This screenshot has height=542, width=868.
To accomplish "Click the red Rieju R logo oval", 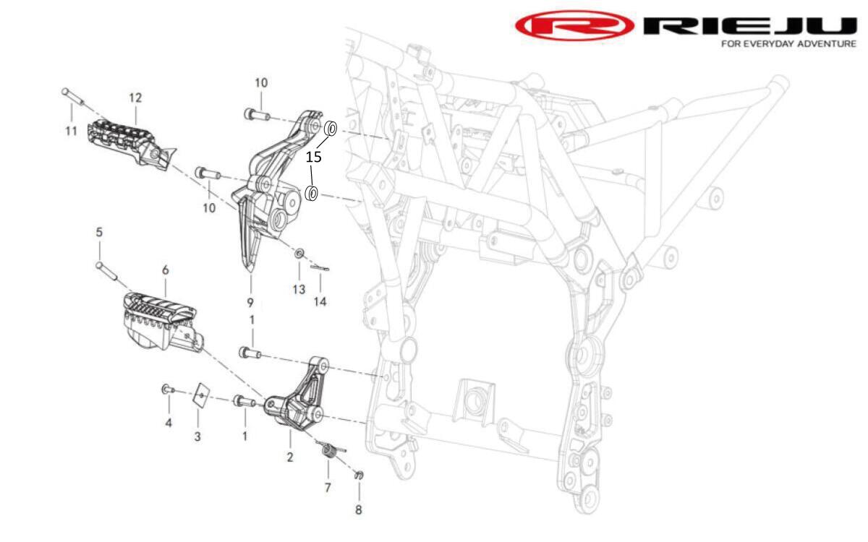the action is [x=574, y=25].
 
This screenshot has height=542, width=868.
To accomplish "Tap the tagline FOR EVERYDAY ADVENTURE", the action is [x=788, y=44].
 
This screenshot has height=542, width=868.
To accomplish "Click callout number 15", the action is [x=313, y=157].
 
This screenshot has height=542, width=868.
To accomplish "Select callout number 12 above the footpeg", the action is [x=135, y=98].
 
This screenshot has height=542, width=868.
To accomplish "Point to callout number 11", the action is [x=71, y=132].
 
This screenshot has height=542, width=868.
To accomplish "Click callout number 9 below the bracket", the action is [x=250, y=302].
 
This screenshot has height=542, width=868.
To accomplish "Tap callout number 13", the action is [x=299, y=289].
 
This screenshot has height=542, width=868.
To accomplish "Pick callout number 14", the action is [x=320, y=301].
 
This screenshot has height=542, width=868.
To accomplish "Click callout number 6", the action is [x=166, y=270].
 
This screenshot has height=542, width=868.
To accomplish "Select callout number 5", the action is [x=99, y=232].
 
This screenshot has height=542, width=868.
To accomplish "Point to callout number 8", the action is [x=359, y=510].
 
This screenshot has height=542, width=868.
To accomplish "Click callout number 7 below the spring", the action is [x=328, y=487].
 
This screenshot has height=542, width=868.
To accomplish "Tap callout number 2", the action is [x=290, y=457].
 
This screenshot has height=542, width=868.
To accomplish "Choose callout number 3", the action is [x=197, y=436].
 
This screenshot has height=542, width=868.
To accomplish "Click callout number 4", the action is [x=169, y=423].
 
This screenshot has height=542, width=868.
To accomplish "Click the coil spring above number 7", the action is [x=330, y=451].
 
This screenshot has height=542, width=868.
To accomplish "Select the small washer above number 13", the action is [x=299, y=254].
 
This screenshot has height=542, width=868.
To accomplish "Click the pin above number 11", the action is [x=72, y=96].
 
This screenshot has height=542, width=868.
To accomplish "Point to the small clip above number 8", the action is [x=359, y=475].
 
